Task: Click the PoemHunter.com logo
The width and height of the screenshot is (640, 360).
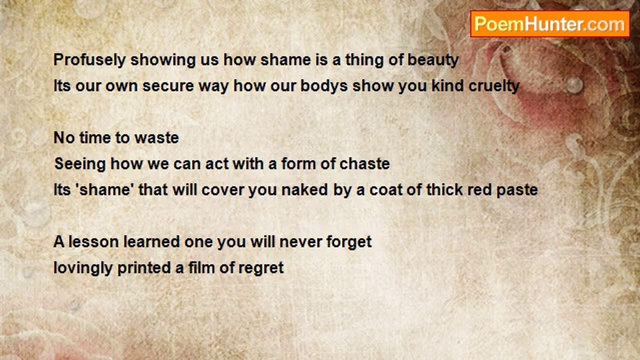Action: [550, 24]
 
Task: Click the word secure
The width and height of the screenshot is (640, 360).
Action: [168, 85]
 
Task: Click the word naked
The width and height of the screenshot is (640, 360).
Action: [305, 190]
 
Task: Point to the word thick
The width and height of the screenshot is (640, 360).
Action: [444, 190]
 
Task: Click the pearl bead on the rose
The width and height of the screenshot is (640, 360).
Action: [574, 84]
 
